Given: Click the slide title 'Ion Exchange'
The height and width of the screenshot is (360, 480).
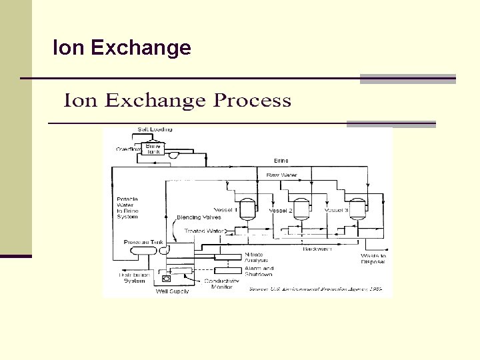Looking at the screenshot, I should click(x=122, y=48).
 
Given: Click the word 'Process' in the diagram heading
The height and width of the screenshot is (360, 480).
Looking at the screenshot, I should click(x=252, y=101).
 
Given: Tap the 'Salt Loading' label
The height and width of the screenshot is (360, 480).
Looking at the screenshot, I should click(x=155, y=129).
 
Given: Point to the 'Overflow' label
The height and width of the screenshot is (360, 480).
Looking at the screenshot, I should click(x=128, y=149).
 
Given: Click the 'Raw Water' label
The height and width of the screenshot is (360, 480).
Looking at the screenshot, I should click(x=281, y=175).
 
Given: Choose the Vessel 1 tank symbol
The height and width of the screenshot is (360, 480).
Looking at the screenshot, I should click(x=248, y=209).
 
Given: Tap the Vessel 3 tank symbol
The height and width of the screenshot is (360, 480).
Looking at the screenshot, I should click(x=358, y=209).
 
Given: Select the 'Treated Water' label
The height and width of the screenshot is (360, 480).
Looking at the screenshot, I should click(x=205, y=231).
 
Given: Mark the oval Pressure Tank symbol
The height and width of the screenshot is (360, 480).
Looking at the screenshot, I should click(x=143, y=250).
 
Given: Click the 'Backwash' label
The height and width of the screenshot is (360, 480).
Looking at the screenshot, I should click(x=317, y=249).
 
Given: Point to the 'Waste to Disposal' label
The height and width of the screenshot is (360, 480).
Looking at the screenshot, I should click(x=373, y=259).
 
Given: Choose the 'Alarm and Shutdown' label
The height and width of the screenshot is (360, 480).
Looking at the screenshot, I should click(x=259, y=271).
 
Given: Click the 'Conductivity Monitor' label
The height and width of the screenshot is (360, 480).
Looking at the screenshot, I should click(x=221, y=284).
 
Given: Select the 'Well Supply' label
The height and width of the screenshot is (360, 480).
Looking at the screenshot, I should click(x=172, y=291).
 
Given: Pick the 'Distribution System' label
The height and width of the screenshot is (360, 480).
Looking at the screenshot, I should click(x=134, y=277).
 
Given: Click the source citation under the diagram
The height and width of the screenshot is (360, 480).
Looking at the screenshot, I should click(x=317, y=289).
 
